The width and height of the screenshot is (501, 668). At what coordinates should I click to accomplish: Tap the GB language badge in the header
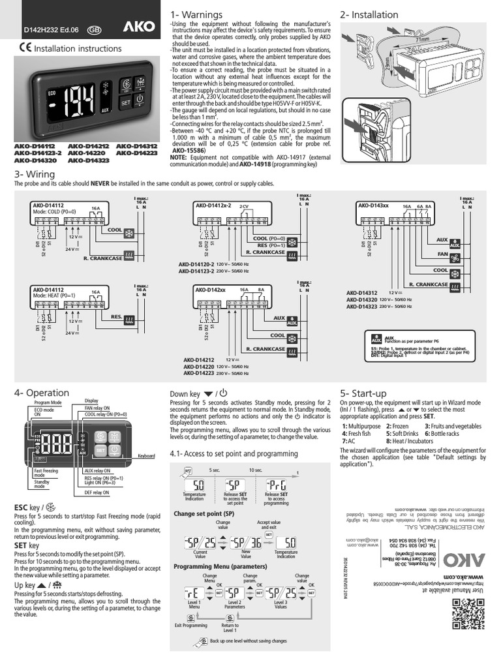pos(94,29)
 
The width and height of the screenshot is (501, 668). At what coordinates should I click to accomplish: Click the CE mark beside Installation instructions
pos(24,48)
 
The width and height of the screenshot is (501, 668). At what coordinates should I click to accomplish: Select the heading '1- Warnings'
pos(196,14)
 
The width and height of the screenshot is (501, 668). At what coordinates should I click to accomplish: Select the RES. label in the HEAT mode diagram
pos(117,316)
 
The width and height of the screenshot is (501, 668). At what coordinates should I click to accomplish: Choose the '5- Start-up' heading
pos(363,393)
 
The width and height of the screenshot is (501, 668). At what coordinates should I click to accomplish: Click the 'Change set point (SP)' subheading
pos(204,513)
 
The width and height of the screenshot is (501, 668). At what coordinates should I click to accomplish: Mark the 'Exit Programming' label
pos(190,625)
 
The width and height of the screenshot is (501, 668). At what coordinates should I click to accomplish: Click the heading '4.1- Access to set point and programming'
pos(234,453)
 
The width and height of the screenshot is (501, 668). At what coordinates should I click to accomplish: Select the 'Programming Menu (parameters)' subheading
pos(217,566)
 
